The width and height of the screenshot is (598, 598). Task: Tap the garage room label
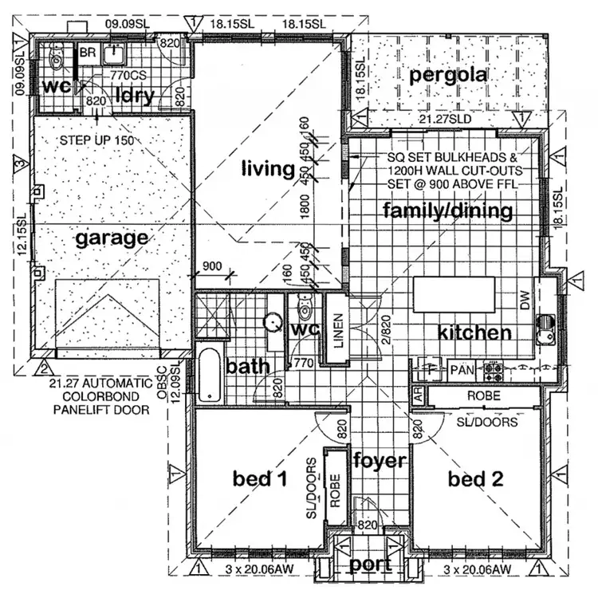[112, 237]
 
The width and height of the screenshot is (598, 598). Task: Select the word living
[267, 168]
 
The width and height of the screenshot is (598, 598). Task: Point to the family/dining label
[447, 211]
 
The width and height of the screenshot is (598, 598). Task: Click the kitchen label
[474, 332]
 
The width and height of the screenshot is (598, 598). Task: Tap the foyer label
[380, 461]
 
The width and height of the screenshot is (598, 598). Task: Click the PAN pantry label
[461, 371]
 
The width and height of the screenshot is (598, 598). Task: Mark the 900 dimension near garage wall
[211, 267]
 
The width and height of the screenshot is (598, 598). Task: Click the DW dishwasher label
[524, 301]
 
